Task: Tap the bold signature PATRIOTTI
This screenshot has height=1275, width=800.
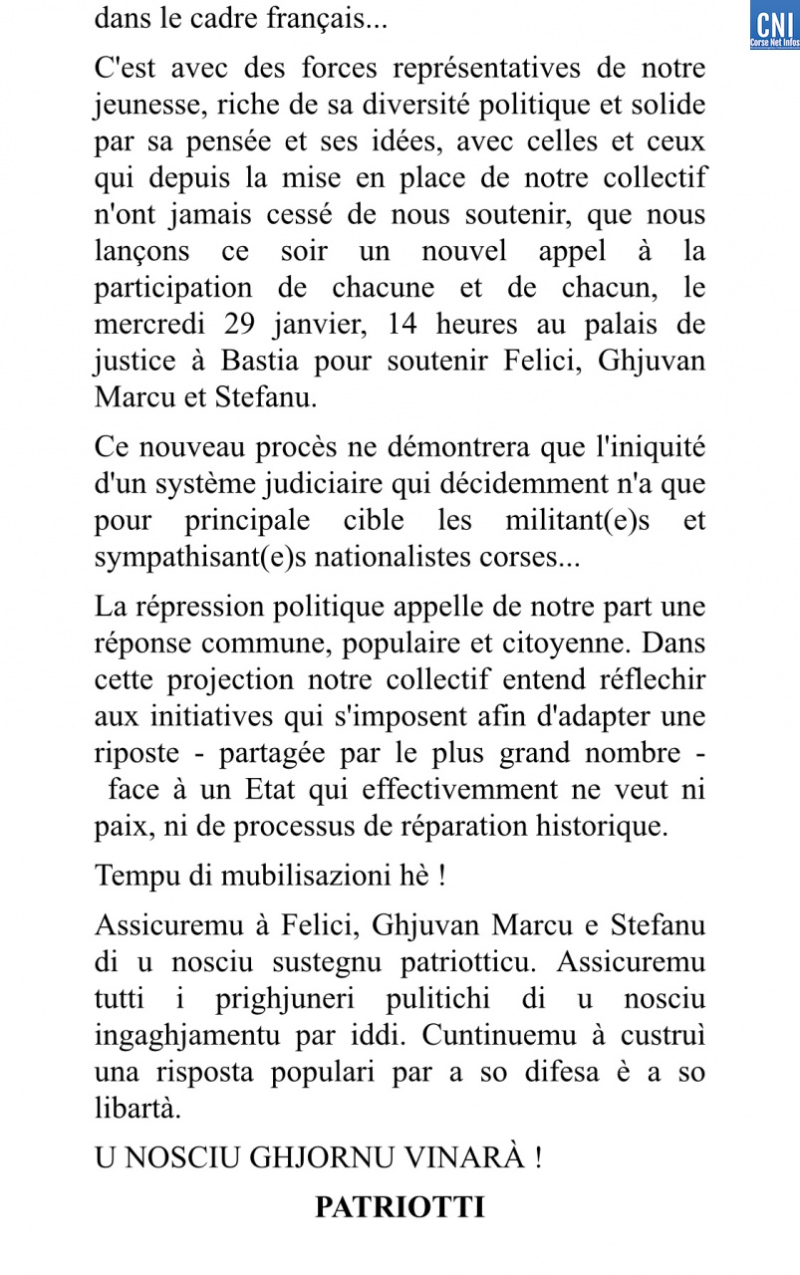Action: [x=400, y=1207]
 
